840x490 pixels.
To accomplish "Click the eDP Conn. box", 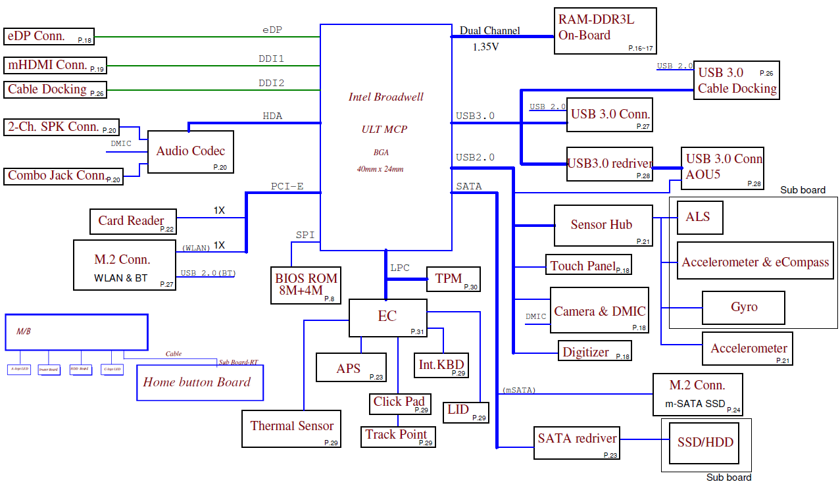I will [x=49, y=36].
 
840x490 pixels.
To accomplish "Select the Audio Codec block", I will [x=191, y=152].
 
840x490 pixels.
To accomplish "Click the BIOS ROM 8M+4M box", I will [x=306, y=285].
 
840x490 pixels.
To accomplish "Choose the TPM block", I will [x=453, y=279].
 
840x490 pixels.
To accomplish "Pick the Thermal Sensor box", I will [x=291, y=429].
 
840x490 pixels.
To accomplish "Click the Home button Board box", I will [x=199, y=382].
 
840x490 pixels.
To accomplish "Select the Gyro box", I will [x=743, y=307].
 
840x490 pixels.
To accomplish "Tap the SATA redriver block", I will [x=577, y=443].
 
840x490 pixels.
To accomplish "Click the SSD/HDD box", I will [x=704, y=443].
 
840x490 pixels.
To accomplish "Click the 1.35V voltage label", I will [x=485, y=47].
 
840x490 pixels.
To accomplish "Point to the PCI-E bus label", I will [x=287, y=186].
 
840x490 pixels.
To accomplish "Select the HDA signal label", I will [x=272, y=116].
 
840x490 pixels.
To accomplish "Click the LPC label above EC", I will [x=400, y=268].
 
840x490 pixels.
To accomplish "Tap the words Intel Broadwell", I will [x=385, y=97].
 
